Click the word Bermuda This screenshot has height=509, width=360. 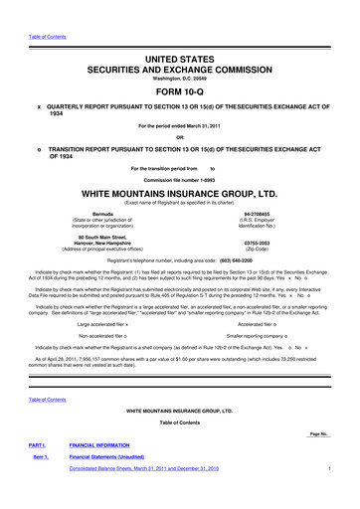[x=102, y=213]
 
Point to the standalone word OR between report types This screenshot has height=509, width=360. [x=179, y=138]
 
